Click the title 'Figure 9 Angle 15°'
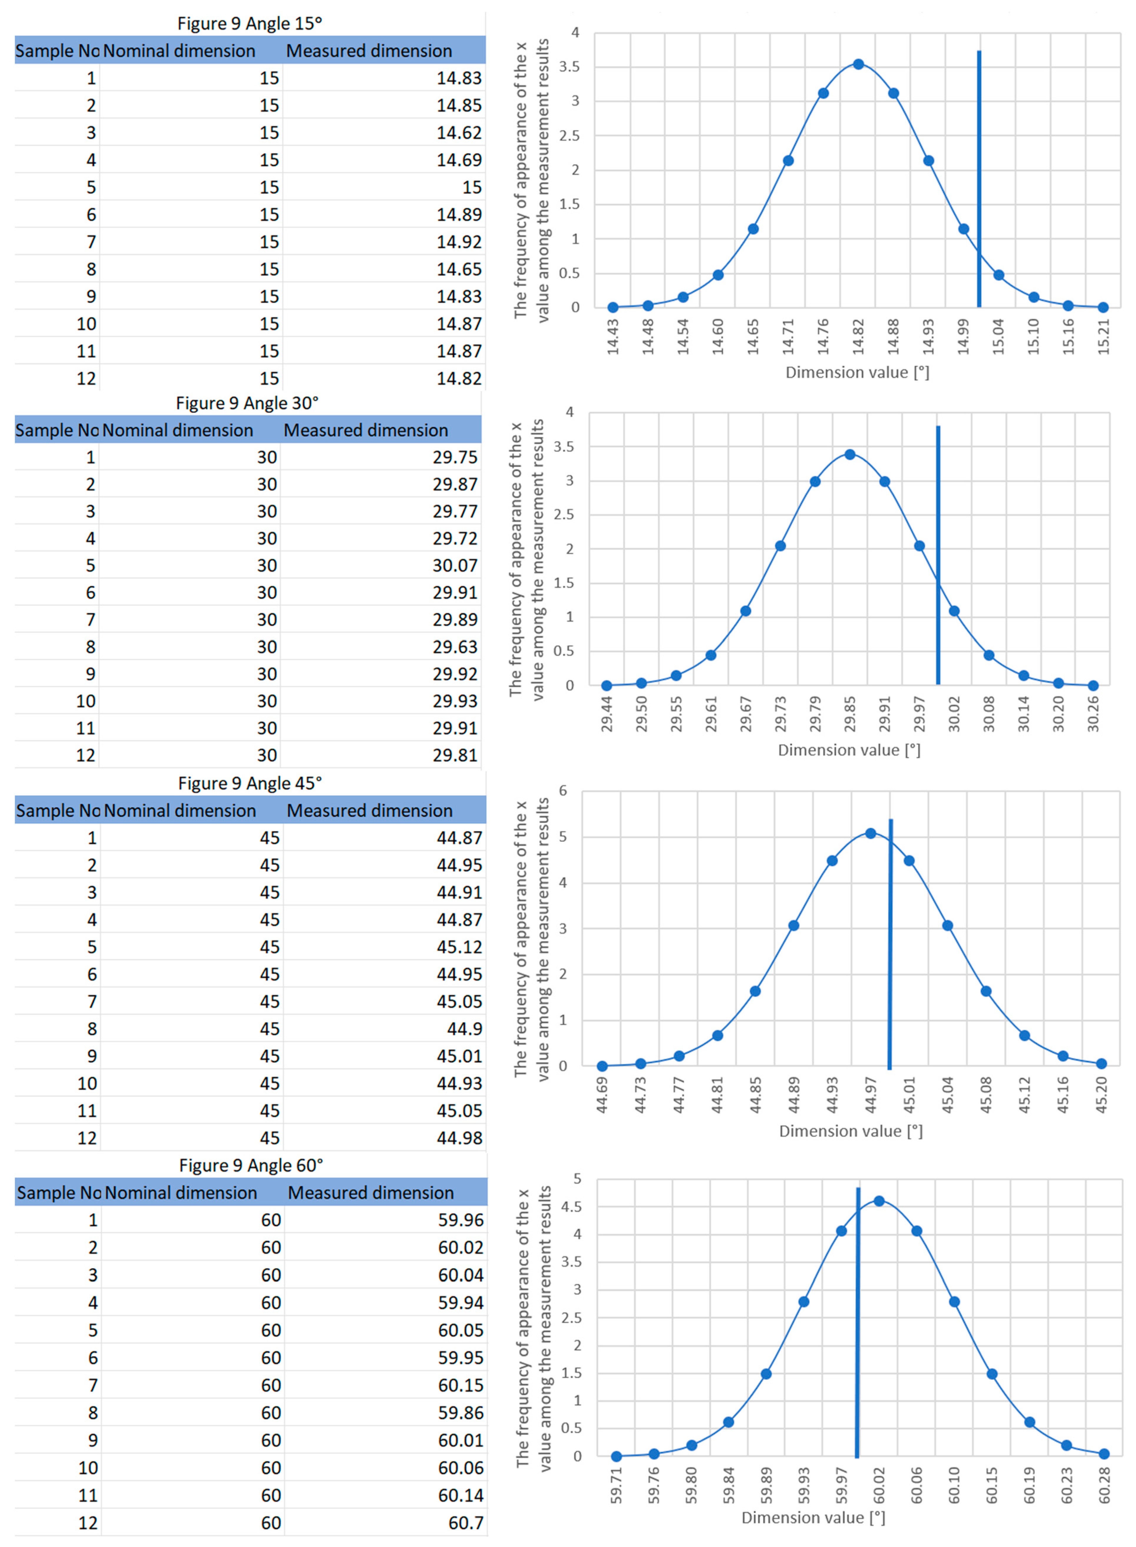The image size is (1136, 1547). pyautogui.click(x=250, y=23)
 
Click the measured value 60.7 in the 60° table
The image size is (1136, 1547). pyautogui.click(x=466, y=1523)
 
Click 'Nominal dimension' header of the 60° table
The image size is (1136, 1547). pyautogui.click(x=181, y=1193)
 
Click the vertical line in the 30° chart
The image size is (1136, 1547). pyautogui.click(x=938, y=557)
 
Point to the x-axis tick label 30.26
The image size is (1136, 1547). pyautogui.click(x=1093, y=715)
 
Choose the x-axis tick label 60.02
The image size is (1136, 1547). pyautogui.click(x=879, y=1486)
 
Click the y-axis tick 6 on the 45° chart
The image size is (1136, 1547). pyautogui.click(x=563, y=791)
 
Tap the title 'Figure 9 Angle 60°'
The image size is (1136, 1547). pyautogui.click(x=251, y=1166)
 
